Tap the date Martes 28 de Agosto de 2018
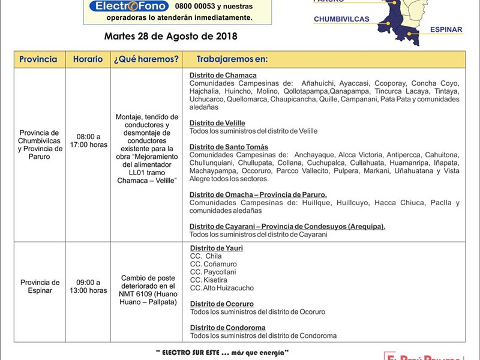point(170,36)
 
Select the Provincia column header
point(38,59)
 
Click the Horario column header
point(88,59)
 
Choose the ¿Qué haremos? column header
point(146,59)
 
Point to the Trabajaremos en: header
point(232,59)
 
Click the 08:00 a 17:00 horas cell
point(88,140)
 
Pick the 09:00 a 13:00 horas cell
point(88,287)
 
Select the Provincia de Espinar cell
point(39,287)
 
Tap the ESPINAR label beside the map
point(446,29)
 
